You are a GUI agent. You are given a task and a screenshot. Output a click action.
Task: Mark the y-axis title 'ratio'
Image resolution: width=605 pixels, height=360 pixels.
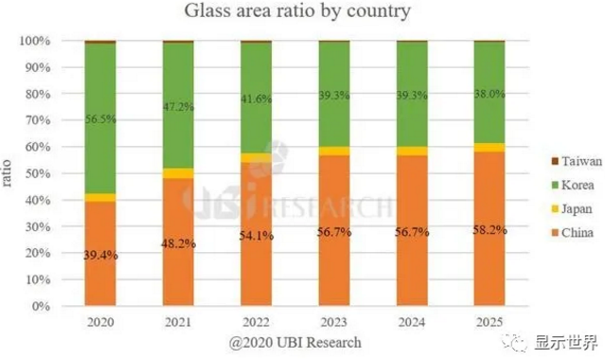click(x=9, y=174)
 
